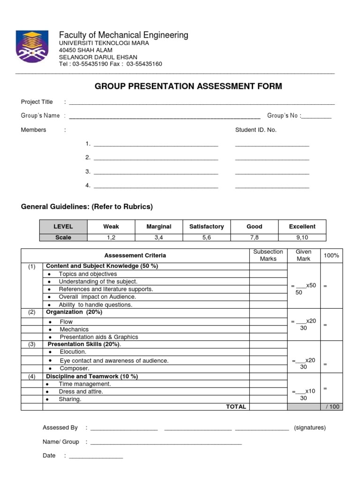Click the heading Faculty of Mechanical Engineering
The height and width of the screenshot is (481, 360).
pos(123,35)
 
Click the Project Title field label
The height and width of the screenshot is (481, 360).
pos(37,102)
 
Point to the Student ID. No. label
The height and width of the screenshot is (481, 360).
pos(256,130)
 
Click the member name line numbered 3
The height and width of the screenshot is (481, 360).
pos(156,172)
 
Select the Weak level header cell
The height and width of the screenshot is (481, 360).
pos(111,226)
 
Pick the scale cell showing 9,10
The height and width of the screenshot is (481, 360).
pos(302,237)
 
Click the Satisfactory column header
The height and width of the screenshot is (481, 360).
pos(207,226)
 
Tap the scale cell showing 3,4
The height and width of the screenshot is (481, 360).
pos(158,237)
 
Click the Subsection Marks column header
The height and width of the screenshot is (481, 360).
pos(268,255)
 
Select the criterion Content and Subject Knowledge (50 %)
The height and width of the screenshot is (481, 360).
pos(102,266)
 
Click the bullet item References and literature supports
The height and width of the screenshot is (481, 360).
pos(106,289)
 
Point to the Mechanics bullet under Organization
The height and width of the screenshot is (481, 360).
pos(74,329)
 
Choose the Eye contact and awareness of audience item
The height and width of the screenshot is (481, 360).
pos(114,361)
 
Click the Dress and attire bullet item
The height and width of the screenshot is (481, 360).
pos(81,391)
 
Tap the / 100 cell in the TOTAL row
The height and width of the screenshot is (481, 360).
pos(333,407)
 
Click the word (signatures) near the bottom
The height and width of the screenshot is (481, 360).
pos(310,428)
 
